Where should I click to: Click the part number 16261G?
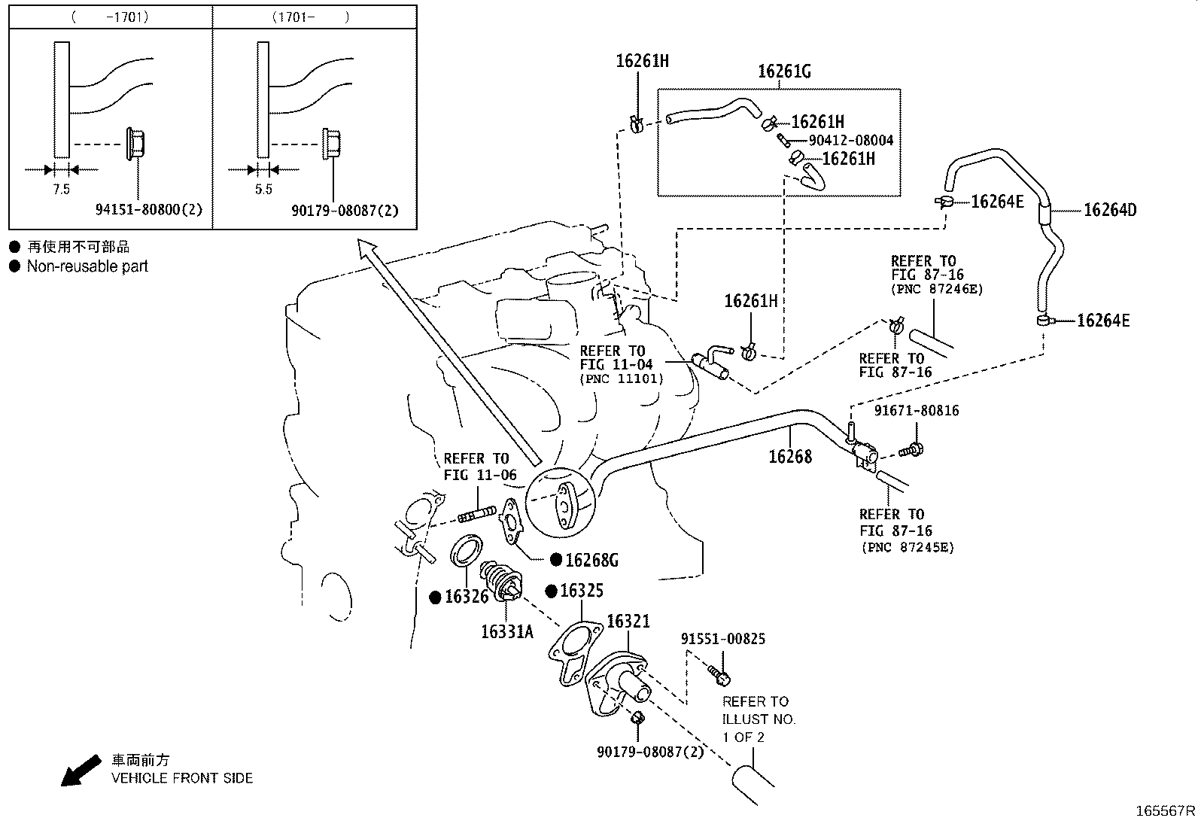783,71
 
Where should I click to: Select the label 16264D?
1109,210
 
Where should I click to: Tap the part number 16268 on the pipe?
789,456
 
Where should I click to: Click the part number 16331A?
506,632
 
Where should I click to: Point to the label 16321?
628,622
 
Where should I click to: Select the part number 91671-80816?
916,411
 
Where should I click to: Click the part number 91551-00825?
722,639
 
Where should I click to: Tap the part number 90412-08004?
850,141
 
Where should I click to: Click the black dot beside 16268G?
555,559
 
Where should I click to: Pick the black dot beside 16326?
435,597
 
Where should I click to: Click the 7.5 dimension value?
61,190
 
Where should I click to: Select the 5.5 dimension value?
263,190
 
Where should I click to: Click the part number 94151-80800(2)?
149,210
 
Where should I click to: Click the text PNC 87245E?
907,547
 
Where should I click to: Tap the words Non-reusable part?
87,266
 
